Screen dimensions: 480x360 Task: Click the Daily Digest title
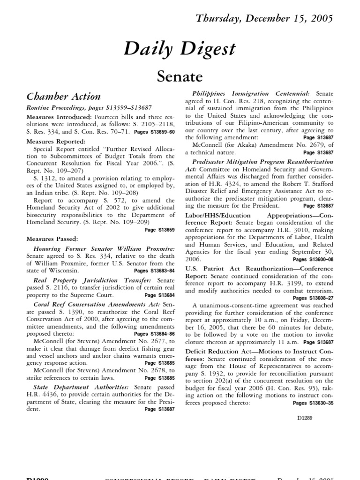pyautogui.click(x=180, y=48)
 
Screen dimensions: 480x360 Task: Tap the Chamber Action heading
pyautogui.click(x=63, y=97)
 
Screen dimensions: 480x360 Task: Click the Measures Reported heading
pyautogui.click(x=56, y=141)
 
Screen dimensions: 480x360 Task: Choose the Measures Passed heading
pyautogui.click(x=52, y=239)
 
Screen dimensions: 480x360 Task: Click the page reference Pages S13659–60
pyautogui.click(x=154, y=132)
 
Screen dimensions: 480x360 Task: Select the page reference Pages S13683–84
pyautogui.click(x=154, y=270)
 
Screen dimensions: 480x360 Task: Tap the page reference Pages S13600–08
pyautogui.click(x=313, y=259)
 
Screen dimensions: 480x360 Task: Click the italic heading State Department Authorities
pyautogui.click(x=81, y=387)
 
